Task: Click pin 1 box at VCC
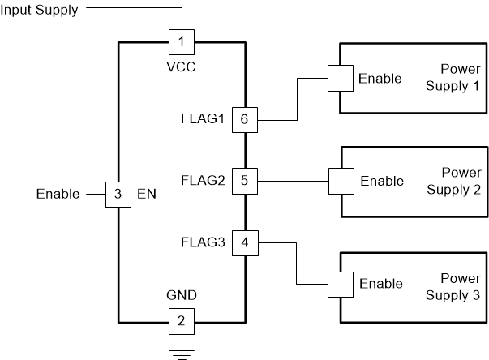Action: (182, 40)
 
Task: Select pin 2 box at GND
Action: (182, 320)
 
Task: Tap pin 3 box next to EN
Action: (118, 194)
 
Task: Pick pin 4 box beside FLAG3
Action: (244, 241)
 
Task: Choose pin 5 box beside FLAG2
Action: (244, 180)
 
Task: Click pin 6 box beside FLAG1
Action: (244, 120)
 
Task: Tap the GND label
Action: (182, 297)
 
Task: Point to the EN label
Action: (146, 195)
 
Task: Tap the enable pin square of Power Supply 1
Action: (339, 79)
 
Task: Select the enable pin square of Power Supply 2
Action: (339, 180)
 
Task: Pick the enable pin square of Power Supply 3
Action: (339, 284)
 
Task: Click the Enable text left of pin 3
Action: (58, 195)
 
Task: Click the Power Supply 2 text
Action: (461, 182)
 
